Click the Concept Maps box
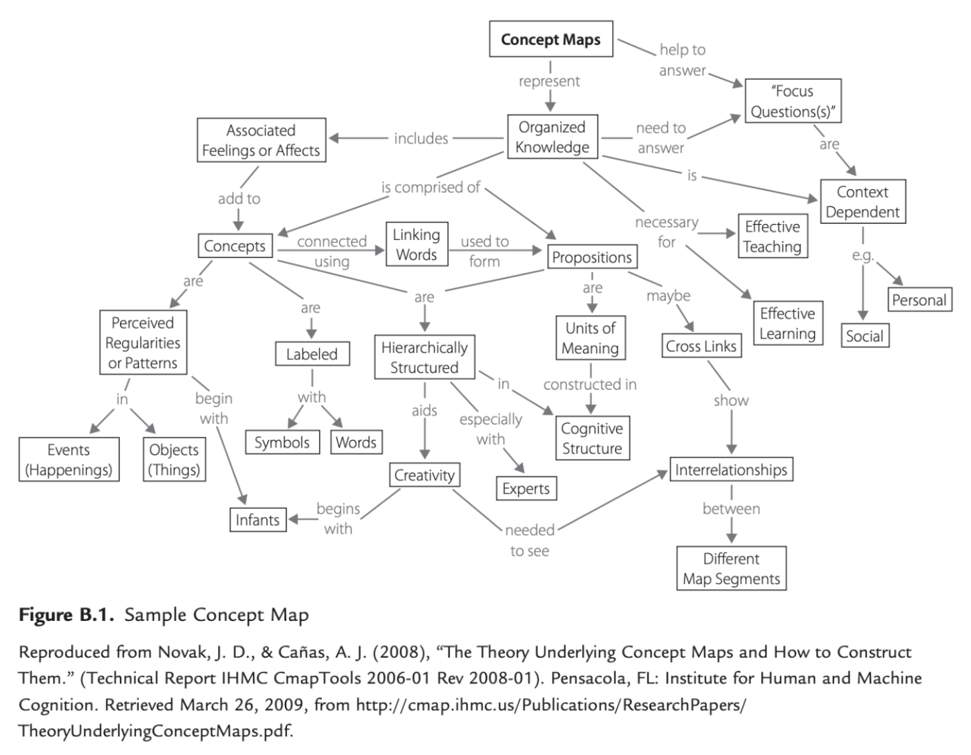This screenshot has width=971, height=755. tap(551, 39)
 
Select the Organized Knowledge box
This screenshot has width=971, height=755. tap(552, 137)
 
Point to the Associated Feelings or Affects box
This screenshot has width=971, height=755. tap(261, 140)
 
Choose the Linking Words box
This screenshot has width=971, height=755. tap(416, 244)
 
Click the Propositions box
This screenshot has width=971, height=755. tap(591, 257)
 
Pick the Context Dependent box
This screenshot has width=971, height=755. tap(862, 202)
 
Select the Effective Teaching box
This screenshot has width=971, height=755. tap(772, 237)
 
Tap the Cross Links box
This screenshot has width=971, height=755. tap(701, 346)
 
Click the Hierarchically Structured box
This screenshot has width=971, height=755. tap(424, 357)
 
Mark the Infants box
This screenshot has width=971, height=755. tap(258, 520)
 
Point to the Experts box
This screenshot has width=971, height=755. tap(526, 489)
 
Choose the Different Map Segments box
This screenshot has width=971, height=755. tap(731, 569)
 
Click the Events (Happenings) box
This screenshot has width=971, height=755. tap(68, 459)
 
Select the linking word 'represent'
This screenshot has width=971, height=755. tap(549, 81)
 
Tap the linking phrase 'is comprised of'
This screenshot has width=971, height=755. tap(431, 188)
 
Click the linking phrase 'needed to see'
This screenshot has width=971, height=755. tap(530, 540)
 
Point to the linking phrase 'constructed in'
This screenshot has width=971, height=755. tap(590, 384)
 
